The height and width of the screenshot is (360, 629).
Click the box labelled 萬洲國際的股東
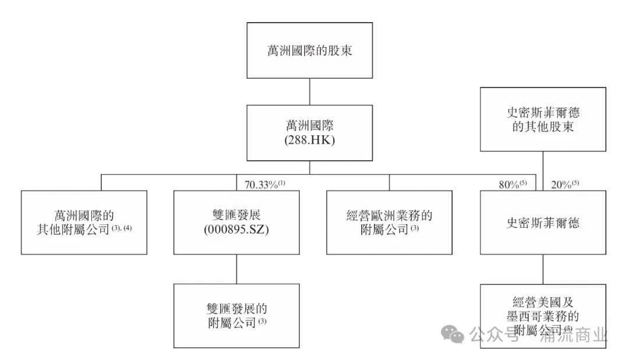click(x=309, y=50)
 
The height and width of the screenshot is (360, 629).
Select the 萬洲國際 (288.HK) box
click(x=309, y=133)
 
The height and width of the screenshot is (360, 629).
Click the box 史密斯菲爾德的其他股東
click(x=543, y=119)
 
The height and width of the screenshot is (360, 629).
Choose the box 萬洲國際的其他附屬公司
click(x=84, y=222)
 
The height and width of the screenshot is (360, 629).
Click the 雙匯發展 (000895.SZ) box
click(x=236, y=222)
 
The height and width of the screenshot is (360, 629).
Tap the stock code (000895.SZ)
click(x=236, y=230)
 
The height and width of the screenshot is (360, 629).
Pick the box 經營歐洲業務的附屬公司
click(x=389, y=222)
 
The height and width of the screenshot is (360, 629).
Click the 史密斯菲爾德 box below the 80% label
click(x=543, y=222)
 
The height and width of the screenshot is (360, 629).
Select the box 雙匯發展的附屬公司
click(x=236, y=315)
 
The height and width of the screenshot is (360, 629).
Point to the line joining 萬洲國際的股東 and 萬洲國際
click(x=309, y=91)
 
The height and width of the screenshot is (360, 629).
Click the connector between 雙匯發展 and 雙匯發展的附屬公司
click(x=236, y=269)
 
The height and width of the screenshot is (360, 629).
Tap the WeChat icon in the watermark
click(x=452, y=334)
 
